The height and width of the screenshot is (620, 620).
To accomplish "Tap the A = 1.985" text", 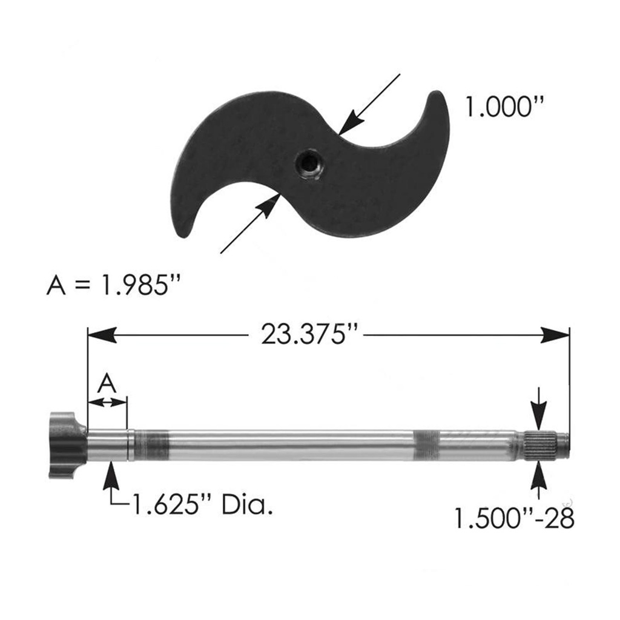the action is [114, 286].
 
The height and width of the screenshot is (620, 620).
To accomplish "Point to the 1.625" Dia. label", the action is [202, 504].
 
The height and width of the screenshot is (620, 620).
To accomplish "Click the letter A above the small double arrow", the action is [107, 383].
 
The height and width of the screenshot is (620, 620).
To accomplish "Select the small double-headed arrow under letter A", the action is [107, 403].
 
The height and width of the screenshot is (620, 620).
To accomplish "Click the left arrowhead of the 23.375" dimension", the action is [102, 335].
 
